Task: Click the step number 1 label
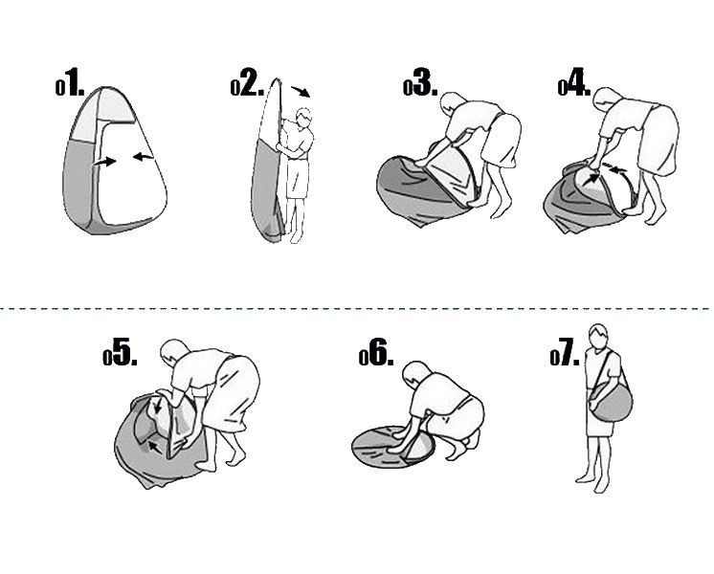click(x=70, y=82)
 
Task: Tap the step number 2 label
click(x=247, y=82)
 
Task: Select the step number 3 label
click(x=420, y=82)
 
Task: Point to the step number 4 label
click(x=574, y=82)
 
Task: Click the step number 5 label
click(x=120, y=352)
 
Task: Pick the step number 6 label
click(x=376, y=352)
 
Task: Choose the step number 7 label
click(x=565, y=352)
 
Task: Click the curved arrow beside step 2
click(x=301, y=91)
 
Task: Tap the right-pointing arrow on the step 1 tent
click(x=105, y=162)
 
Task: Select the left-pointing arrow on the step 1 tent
click(x=143, y=158)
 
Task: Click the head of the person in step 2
click(x=303, y=118)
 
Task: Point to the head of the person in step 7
click(x=598, y=336)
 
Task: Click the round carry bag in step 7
click(x=611, y=402)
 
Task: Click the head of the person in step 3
click(x=453, y=105)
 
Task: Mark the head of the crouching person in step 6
click(x=416, y=375)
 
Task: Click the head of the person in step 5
click(x=175, y=354)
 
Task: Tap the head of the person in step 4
click(x=607, y=100)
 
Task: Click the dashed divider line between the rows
click(x=357, y=309)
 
